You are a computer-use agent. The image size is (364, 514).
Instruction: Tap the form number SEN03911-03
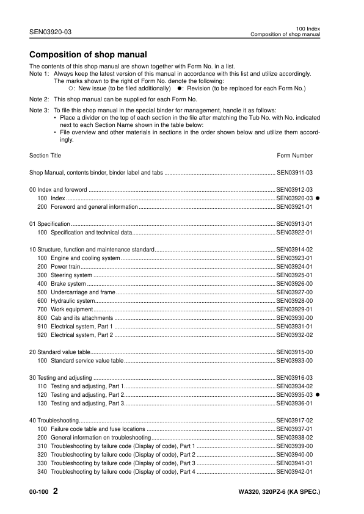(294, 173)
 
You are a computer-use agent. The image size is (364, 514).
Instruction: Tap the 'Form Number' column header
(294, 156)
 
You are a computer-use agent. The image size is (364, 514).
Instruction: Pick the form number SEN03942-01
(294, 472)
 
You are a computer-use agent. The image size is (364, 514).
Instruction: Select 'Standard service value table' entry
(87, 361)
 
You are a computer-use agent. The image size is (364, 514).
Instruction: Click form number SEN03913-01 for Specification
(294, 224)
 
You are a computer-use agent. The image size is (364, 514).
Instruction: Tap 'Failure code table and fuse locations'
(98, 429)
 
